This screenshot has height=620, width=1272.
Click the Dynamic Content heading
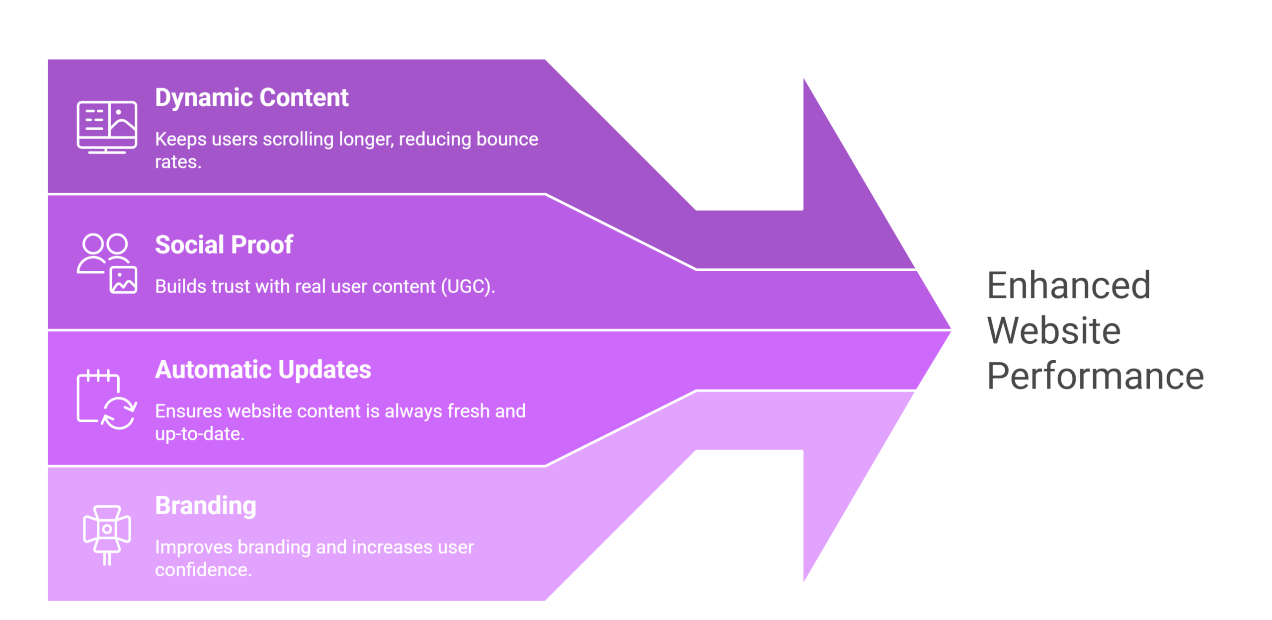tap(251, 98)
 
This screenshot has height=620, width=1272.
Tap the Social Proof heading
tap(224, 245)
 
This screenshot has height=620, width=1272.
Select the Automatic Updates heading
tap(263, 370)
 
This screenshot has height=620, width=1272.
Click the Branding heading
tap(205, 506)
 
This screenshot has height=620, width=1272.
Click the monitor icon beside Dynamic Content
tap(107, 127)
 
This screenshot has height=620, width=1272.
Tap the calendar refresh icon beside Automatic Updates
tap(107, 399)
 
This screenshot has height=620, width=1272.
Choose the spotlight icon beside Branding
tap(107, 535)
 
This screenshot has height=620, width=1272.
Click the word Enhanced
tap(1068, 286)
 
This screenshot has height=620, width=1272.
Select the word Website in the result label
tap(1053, 331)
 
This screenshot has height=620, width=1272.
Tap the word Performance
tap(1095, 376)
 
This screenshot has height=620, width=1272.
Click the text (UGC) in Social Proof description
tap(468, 287)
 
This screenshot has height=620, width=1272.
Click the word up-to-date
tap(199, 434)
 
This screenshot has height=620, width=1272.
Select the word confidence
tap(203, 570)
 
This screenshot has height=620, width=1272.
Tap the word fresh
tap(468, 411)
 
